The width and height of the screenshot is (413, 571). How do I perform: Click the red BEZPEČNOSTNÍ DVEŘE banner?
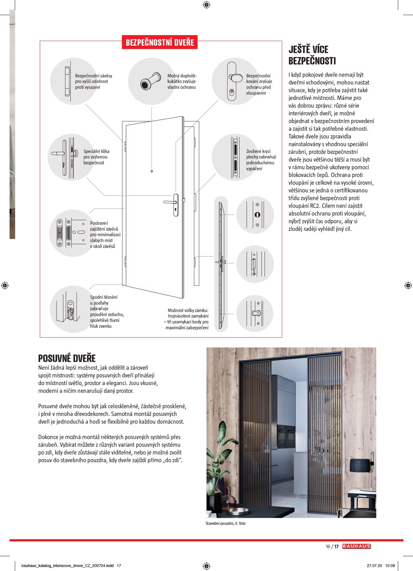tap(160, 42)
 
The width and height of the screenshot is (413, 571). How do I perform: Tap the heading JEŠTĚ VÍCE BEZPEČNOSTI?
tap(312, 55)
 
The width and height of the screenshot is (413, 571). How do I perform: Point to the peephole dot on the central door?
tap(152, 171)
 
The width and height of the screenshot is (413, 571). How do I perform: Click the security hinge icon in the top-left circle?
tap(67, 81)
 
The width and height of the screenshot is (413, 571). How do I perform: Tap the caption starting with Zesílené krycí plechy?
tap(260, 160)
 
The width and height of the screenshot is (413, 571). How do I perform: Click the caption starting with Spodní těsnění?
tap(106, 312)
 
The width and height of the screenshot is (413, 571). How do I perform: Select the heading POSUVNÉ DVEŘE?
tap(67, 358)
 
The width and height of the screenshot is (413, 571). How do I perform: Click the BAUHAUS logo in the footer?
tap(356, 546)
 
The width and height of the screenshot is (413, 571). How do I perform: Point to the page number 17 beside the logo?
tap(337, 546)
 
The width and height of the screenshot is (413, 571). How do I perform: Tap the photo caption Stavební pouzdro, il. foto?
tap(225, 523)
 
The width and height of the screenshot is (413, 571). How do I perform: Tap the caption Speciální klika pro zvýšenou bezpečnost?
tap(96, 157)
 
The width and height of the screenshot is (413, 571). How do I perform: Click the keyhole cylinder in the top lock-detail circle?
tap(257, 215)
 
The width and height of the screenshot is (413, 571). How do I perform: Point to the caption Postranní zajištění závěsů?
tap(105, 234)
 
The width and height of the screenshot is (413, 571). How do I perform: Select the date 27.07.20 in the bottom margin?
tap(374, 566)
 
